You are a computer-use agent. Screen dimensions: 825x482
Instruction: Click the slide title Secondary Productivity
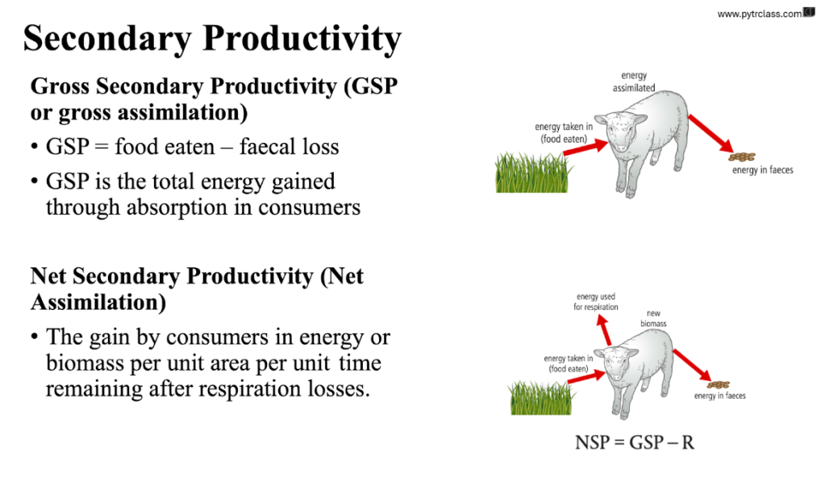coord(212,38)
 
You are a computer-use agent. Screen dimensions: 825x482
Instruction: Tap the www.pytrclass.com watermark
coord(759,14)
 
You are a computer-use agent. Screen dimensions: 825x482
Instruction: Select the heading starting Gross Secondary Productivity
coord(215,99)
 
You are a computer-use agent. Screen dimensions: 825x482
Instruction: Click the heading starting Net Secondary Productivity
coord(197,289)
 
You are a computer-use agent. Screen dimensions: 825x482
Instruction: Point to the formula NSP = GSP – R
coord(635,442)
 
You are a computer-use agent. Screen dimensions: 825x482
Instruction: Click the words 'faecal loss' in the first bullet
coord(290,146)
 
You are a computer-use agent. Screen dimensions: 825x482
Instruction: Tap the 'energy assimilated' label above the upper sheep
coord(634,82)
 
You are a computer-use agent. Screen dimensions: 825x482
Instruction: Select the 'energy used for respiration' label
coord(596,302)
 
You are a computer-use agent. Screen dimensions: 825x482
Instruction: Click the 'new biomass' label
coord(653,318)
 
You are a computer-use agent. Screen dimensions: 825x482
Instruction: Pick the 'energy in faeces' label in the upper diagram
coord(762,170)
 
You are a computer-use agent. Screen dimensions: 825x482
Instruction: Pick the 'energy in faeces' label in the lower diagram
coord(720,396)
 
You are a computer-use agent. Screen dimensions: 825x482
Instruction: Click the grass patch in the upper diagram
coord(533,173)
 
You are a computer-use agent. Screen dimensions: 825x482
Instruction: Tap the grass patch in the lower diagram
coord(541,398)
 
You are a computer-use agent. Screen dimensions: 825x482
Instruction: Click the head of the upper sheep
coord(621,132)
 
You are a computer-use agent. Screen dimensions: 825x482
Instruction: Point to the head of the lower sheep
coord(620,363)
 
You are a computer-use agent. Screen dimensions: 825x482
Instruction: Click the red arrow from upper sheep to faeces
coord(710,134)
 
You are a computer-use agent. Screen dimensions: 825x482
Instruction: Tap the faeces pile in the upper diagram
coord(742,157)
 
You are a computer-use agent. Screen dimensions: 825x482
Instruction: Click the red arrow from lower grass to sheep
coord(586,376)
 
